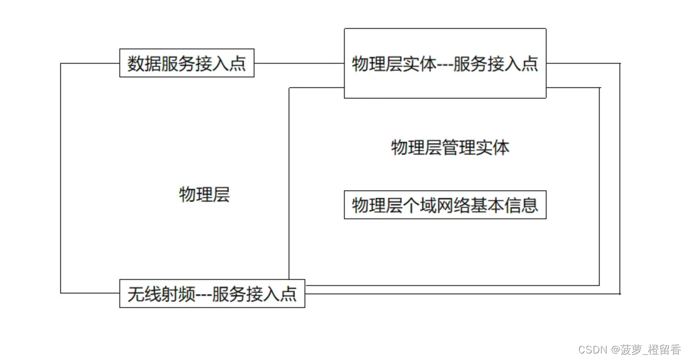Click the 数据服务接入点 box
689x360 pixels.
pyautogui.click(x=187, y=63)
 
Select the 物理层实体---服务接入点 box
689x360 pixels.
pyautogui.click(x=445, y=63)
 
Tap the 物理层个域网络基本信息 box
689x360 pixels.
pyautogui.click(x=445, y=205)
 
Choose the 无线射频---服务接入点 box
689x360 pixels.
pyautogui.click(x=212, y=293)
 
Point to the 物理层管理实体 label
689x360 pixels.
pyautogui.click(x=450, y=148)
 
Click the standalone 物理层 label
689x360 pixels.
pyautogui.click(x=204, y=194)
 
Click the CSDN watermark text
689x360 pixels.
pyautogui.click(x=592, y=350)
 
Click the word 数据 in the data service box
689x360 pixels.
pyautogui.click(x=144, y=64)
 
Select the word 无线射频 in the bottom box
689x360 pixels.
pyautogui.click(x=161, y=294)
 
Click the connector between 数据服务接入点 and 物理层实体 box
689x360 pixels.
pyautogui.click(x=298, y=64)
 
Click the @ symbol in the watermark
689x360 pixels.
pyautogui.click(x=615, y=350)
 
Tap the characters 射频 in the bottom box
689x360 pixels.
pyautogui.click(x=179, y=294)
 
